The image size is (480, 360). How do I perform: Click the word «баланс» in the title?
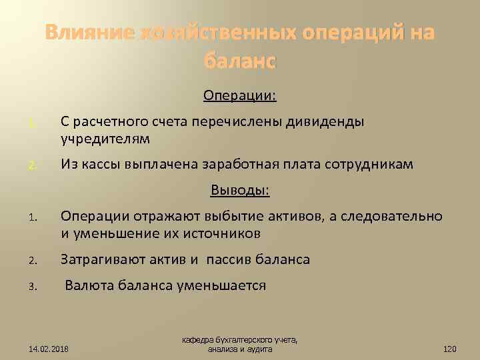coord(239,61)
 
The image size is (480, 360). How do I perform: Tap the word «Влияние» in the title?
coord(89,33)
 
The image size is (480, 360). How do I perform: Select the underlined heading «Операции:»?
coord(240,97)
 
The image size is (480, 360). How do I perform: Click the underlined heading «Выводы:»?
coord(240,191)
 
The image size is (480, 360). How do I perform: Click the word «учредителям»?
coord(105,139)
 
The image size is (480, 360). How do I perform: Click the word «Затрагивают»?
coord(104,259)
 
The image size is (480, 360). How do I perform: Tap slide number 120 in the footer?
coord(450,348)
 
